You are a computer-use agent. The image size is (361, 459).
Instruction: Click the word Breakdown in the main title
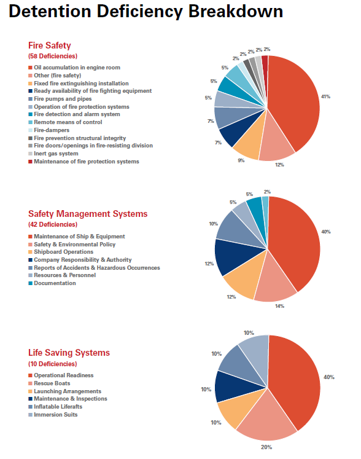point(236,12)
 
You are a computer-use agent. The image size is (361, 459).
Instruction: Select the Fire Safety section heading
point(50,45)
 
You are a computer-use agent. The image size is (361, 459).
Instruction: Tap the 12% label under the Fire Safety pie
point(279,165)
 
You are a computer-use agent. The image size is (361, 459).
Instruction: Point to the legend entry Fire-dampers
point(52,130)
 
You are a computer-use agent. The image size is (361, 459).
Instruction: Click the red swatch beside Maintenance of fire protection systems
point(30,162)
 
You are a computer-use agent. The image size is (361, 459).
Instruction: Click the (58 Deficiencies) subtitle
point(53,56)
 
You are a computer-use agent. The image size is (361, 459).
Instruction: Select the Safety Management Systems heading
point(88,214)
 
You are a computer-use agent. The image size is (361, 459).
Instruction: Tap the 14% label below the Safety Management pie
point(279,306)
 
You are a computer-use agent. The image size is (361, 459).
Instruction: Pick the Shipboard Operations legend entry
point(63,252)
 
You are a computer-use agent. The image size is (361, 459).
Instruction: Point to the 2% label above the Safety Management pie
point(267,192)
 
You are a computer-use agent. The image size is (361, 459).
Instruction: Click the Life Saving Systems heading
point(69,353)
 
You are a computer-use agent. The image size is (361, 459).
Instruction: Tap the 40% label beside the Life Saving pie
point(329,377)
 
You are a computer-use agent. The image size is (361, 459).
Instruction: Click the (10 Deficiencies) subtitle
point(53,364)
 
